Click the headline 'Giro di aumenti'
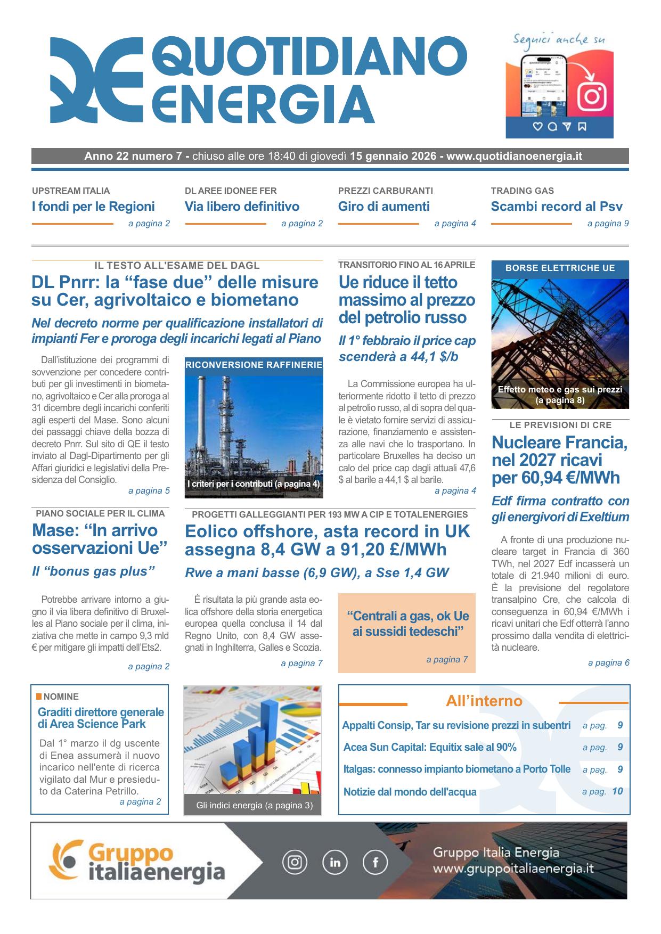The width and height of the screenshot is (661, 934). pos(383,207)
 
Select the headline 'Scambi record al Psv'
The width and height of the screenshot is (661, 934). pos(557,207)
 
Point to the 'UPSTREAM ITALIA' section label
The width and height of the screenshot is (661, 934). pos(71,191)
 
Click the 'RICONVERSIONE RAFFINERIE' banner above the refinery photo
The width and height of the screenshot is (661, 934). pos(254,365)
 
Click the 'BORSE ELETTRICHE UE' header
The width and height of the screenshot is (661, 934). pos(560,268)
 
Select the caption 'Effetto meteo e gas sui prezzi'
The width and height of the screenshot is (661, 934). pos(560,389)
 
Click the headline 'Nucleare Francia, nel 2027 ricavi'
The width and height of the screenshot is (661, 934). pos(559,451)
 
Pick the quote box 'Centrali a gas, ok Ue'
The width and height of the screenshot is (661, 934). pos(407,624)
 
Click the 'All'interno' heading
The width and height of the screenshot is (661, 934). pos(484,701)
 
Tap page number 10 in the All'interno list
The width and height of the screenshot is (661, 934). pos(617,791)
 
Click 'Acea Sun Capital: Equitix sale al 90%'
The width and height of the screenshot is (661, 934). pos(430,747)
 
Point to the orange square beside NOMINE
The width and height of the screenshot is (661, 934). pos(39,697)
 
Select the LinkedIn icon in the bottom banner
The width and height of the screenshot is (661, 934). pos(335,862)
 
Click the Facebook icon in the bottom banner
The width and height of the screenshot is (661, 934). pos(375,862)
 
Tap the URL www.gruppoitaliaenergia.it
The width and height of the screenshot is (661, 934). pos(513,869)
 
